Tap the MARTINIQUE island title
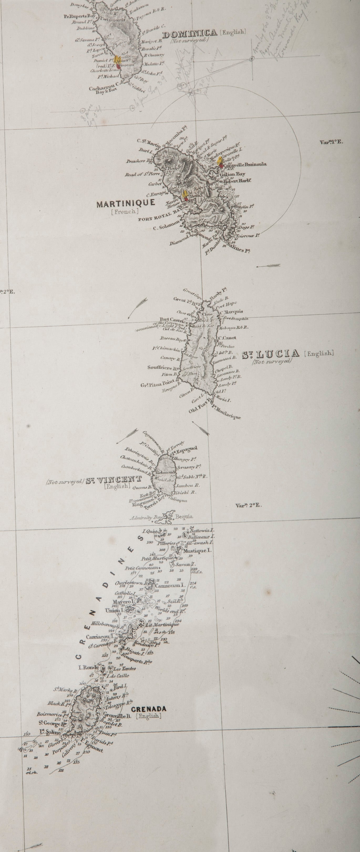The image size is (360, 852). (x=126, y=203)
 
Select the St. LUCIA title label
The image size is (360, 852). (x=271, y=355)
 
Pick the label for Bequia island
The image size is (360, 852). (x=184, y=517)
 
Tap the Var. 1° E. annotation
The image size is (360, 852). (x=331, y=142)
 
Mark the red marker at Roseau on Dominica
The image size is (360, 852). (x=118, y=65)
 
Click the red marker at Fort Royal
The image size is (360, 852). (x=186, y=199)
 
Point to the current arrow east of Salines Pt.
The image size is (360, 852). (x=269, y=266)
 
